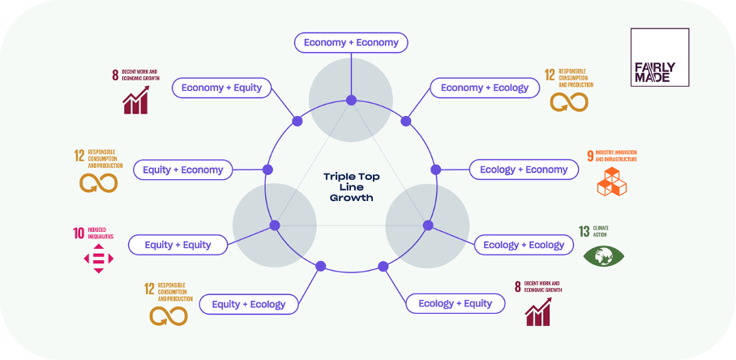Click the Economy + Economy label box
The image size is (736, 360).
[351, 42]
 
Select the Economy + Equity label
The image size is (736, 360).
[221, 88]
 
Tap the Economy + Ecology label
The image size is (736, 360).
[485, 88]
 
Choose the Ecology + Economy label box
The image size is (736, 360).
[524, 169]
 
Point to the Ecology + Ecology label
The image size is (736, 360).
[524, 245]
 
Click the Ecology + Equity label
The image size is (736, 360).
[455, 303]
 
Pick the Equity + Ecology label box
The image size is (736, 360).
[249, 304]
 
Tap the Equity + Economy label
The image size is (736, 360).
[182, 169]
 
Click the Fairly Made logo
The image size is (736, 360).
[659, 58]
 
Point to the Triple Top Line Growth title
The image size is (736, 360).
[351, 186]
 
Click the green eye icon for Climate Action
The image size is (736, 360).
[604, 256]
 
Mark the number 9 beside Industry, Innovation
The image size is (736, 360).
[590, 155]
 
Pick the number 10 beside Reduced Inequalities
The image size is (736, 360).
[79, 234]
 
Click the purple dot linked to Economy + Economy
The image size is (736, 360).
[352, 101]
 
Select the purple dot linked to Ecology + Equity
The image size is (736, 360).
[383, 265]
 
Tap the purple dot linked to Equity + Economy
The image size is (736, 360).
[267, 169]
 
